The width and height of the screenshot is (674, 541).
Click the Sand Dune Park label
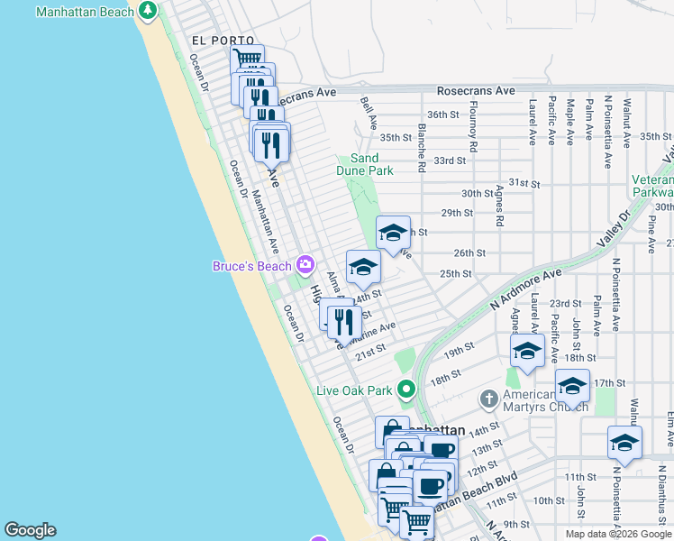(372, 164)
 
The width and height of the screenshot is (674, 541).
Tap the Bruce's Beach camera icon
(305, 265)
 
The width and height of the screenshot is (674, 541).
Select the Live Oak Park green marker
(406, 390)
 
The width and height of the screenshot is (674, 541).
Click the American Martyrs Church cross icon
(488, 399)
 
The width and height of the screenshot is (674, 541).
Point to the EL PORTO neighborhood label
(213, 41)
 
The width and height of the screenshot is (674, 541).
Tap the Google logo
(30, 530)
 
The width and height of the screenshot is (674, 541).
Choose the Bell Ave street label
(367, 114)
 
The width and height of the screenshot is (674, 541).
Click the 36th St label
(443, 115)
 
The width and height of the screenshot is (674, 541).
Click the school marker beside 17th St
(572, 386)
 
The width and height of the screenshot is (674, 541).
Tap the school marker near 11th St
(624, 442)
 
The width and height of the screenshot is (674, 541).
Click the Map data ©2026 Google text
(619, 534)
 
